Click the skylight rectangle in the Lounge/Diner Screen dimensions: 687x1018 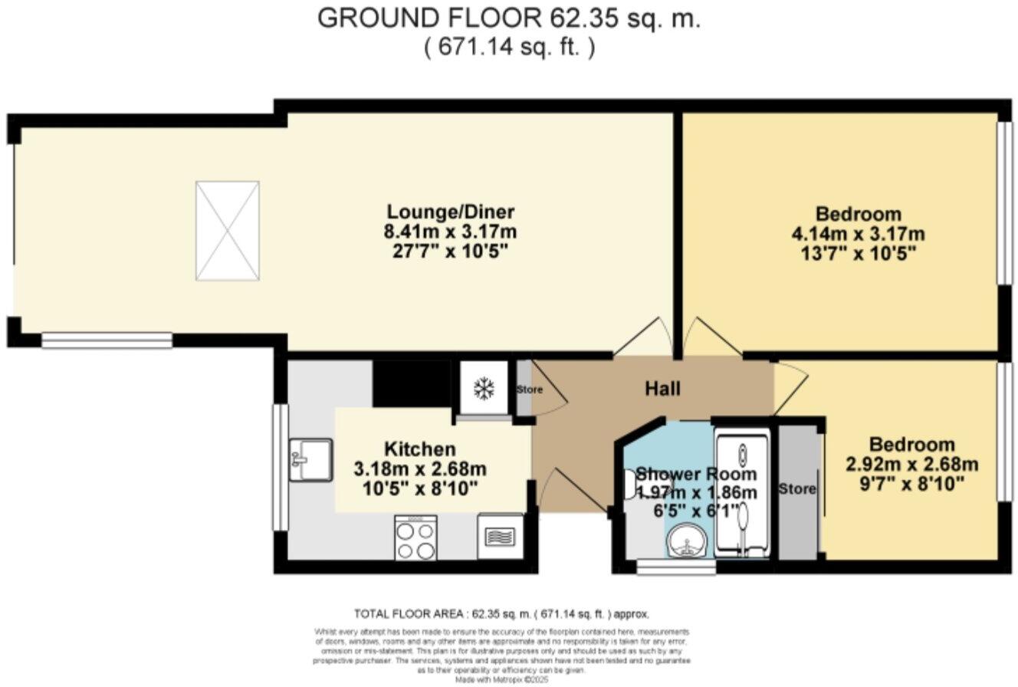coord(228,231)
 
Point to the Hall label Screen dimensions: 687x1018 coord(662,390)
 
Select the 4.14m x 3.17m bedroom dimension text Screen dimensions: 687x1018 coord(859,234)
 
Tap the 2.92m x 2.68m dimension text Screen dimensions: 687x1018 coord(911,465)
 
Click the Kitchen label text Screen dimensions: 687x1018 coord(419,449)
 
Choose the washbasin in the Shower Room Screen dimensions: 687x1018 coord(687,544)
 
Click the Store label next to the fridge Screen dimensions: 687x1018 coord(529,390)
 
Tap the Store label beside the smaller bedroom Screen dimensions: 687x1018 coord(797,488)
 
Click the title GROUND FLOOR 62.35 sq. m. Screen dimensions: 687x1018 coord(509,19)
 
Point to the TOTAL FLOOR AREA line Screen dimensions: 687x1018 coord(501,614)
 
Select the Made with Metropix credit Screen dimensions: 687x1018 coord(502,679)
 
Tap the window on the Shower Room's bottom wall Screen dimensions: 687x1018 coord(676,568)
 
